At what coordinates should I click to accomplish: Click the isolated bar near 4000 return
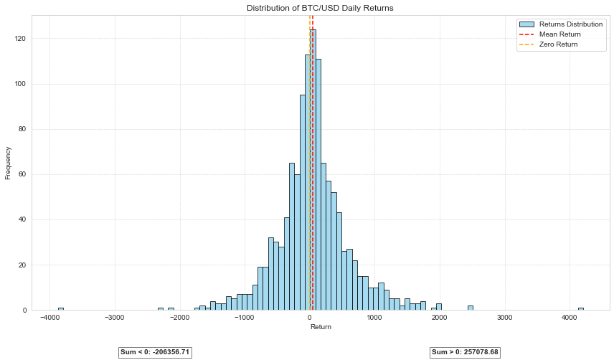(x=580, y=308)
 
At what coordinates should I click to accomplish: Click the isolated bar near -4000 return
(x=61, y=308)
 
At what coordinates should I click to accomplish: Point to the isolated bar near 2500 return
(x=471, y=308)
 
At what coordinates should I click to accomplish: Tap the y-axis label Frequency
(x=8, y=163)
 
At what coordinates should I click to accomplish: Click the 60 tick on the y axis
(x=21, y=174)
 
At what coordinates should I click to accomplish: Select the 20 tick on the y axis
(x=21, y=265)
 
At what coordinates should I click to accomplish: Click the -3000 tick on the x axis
(x=115, y=317)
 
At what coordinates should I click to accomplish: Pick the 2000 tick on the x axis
(x=439, y=317)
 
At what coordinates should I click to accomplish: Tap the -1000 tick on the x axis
(x=245, y=317)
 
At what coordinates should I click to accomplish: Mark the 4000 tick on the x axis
(x=569, y=317)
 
